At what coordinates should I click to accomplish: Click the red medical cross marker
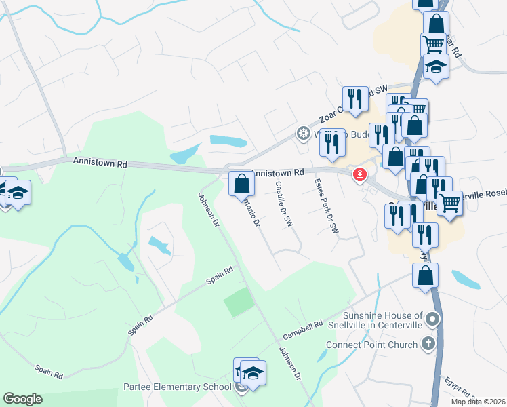coord(358,176)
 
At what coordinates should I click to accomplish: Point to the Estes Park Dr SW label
coord(325,206)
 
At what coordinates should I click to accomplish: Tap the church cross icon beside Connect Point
coord(428,345)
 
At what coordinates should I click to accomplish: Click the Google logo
coord(22,399)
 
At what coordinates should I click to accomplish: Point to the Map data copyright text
coord(479,402)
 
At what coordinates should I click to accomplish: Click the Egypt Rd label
coord(458,389)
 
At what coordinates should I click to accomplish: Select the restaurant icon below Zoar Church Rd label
coord(355,99)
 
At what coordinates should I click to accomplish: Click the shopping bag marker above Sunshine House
coord(425,275)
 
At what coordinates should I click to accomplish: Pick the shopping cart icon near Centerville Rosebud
coord(449,202)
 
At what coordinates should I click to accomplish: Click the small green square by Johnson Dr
coord(238,302)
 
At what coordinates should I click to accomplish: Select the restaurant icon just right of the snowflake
coord(332,142)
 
